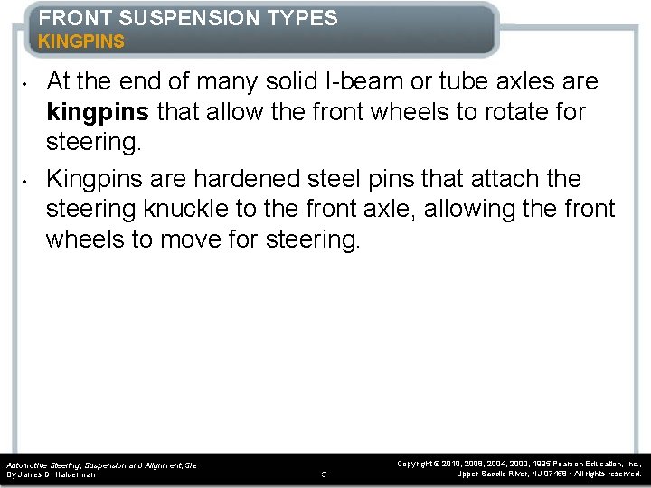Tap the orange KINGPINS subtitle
click(81, 42)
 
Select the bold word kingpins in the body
click(99, 113)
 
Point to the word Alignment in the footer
click(163, 465)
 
